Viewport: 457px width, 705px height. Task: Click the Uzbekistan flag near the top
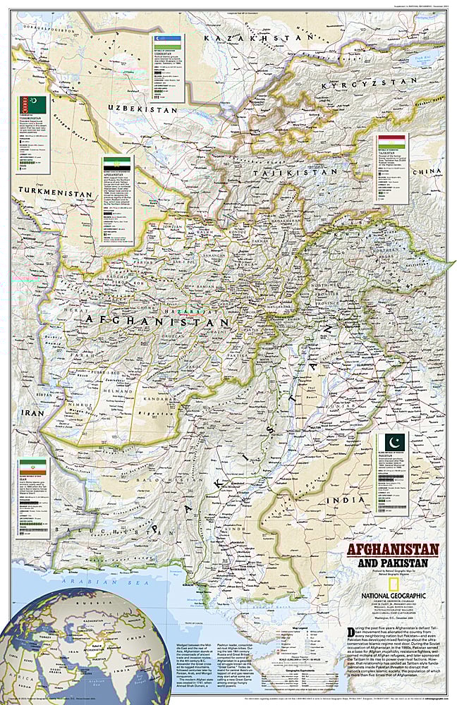tap(173, 43)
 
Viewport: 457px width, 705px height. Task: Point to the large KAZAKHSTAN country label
tap(258, 37)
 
